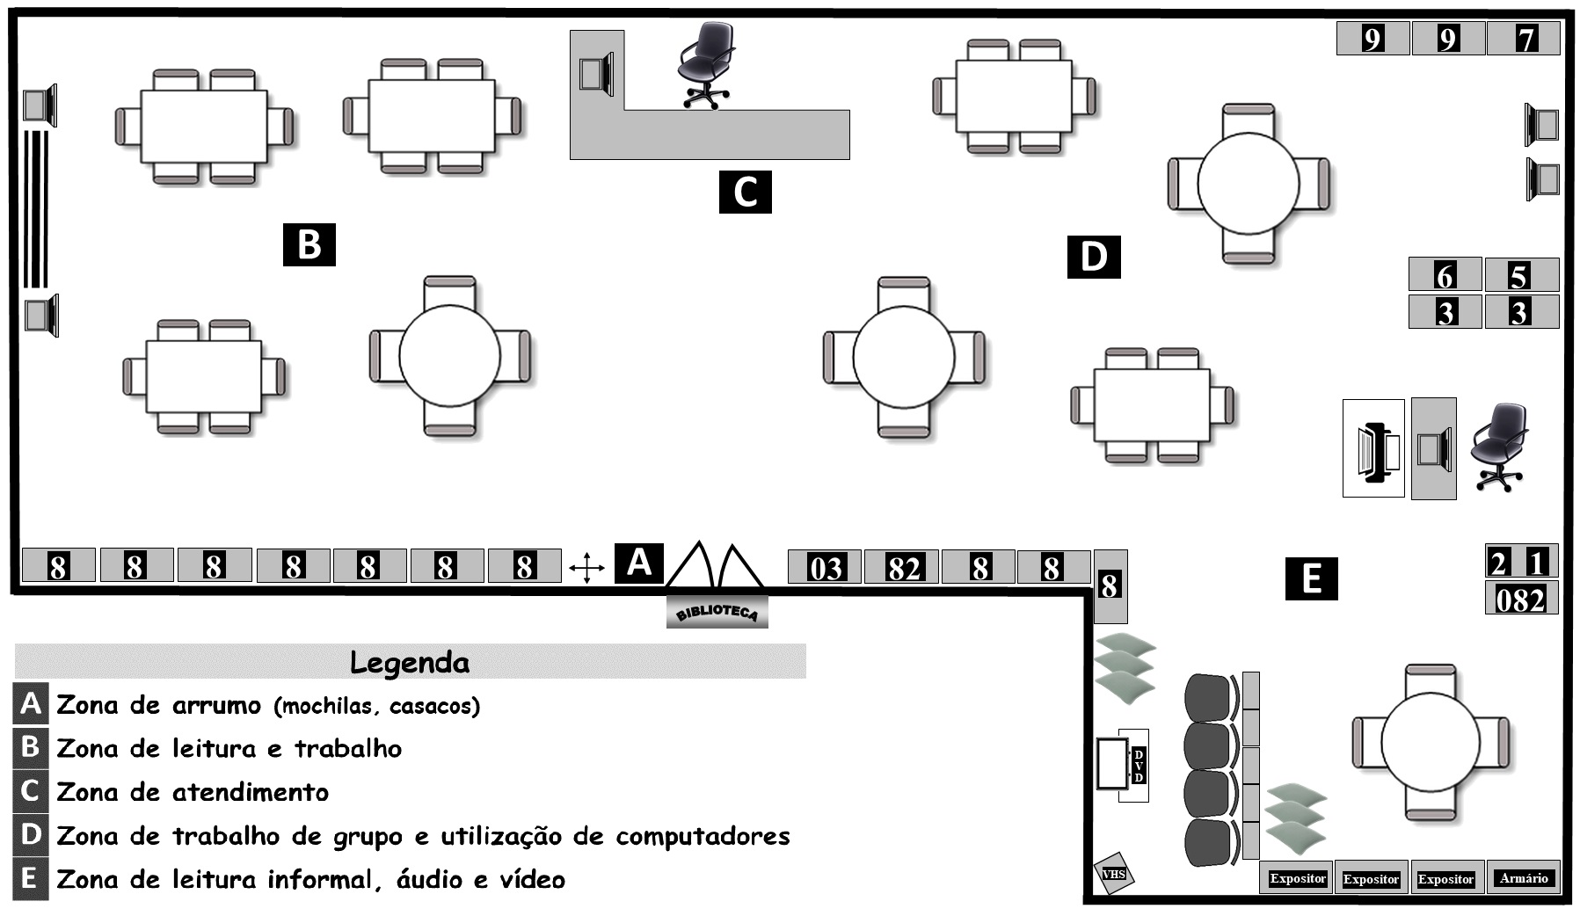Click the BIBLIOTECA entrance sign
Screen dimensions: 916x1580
[x=717, y=611]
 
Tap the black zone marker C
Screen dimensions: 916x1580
[x=745, y=192]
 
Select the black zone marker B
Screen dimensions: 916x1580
[x=309, y=244]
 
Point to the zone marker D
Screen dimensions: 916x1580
[x=1093, y=257]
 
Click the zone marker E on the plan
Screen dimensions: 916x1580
[x=1310, y=578]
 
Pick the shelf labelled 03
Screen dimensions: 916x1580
[x=825, y=567]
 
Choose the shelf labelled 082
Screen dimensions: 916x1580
[x=1521, y=599]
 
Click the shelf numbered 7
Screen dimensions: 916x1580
[x=1524, y=39]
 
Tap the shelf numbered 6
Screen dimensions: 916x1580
[x=1445, y=275]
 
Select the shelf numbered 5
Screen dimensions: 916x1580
[x=1521, y=275]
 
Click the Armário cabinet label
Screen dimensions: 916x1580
[x=1523, y=877]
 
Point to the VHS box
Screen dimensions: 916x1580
[x=1113, y=874]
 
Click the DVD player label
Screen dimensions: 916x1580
[x=1139, y=766]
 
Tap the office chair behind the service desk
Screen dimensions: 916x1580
[x=705, y=63]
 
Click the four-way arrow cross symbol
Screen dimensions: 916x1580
[x=586, y=567]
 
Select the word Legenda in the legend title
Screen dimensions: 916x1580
[x=410, y=662]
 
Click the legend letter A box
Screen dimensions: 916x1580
[x=30, y=704]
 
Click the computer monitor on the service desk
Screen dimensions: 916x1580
[x=595, y=73]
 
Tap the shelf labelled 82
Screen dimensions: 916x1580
[x=901, y=567]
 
